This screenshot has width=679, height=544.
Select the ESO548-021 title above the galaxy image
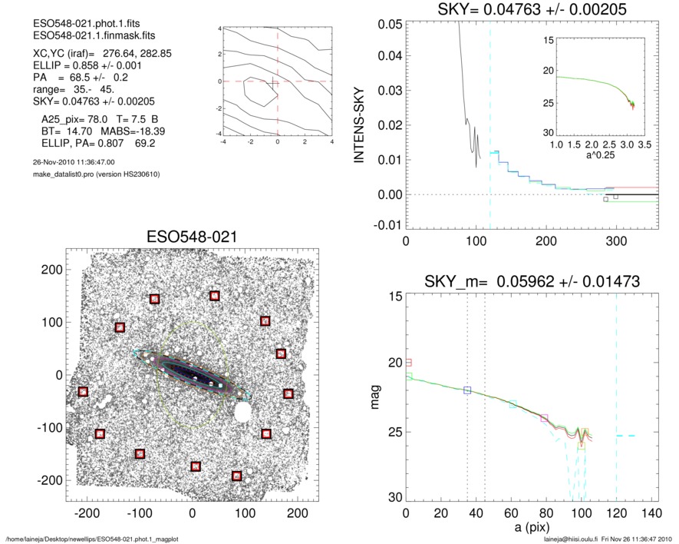pyautogui.click(x=191, y=237)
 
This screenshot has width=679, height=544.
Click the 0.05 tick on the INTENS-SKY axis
pyautogui.click(x=390, y=23)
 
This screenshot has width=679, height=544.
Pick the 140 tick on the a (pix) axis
pyautogui.click(x=651, y=512)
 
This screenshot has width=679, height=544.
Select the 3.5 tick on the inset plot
pyautogui.click(x=646, y=144)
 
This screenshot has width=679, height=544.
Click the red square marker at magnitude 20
pyautogui.click(x=408, y=362)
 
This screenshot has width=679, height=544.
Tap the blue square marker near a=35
pyautogui.click(x=467, y=390)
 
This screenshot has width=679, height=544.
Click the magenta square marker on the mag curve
pyautogui.click(x=545, y=418)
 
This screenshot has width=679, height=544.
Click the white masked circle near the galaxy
pyautogui.click(x=243, y=413)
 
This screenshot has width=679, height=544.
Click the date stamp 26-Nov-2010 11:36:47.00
pyautogui.click(x=69, y=162)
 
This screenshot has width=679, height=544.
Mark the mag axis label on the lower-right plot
pyautogui.click(x=376, y=398)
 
